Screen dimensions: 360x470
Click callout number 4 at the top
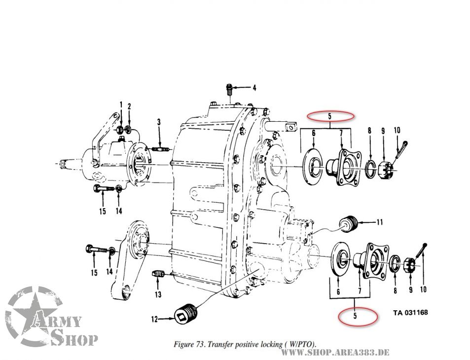click(254, 88)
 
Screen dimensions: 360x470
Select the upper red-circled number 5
click(329, 117)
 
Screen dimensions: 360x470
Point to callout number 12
click(154, 320)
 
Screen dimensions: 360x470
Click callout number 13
click(158, 295)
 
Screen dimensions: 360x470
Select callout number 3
click(159, 122)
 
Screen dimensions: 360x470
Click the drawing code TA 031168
click(410, 313)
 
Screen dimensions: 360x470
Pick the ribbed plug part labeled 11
click(349, 223)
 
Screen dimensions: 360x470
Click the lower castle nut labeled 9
click(408, 266)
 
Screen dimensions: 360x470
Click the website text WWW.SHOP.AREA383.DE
click(335, 352)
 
